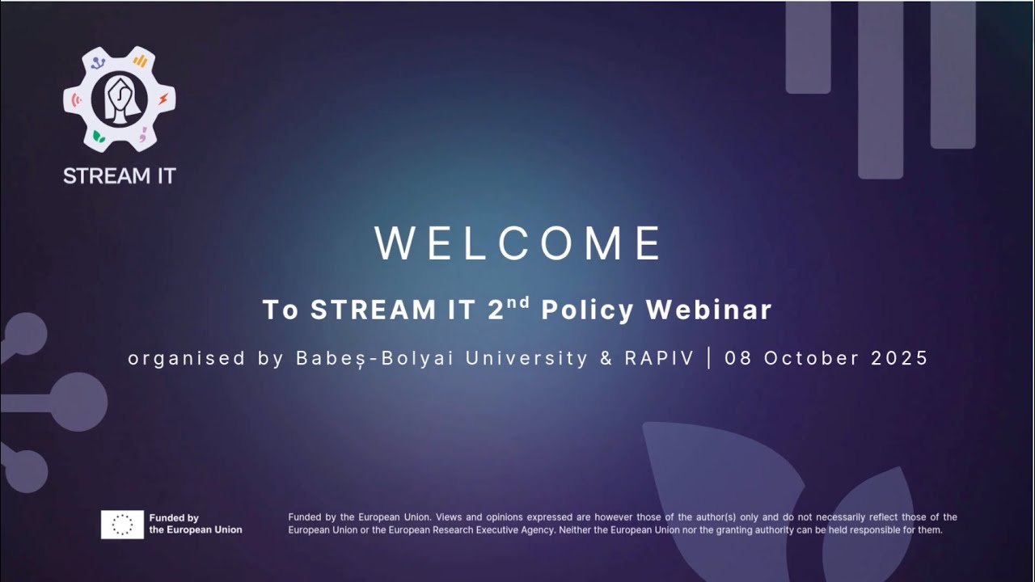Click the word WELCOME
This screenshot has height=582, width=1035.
click(x=518, y=243)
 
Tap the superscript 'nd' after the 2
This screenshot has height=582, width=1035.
click(x=519, y=303)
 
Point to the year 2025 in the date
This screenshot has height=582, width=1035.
click(x=900, y=358)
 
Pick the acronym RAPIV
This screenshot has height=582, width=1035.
click(x=659, y=358)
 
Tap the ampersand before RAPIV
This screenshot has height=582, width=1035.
click(x=606, y=358)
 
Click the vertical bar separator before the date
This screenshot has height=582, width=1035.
click(x=709, y=358)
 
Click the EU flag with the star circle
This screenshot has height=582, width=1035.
click(x=122, y=525)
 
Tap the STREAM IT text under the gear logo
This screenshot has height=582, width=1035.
click(x=120, y=175)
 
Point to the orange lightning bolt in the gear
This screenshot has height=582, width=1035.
click(x=163, y=99)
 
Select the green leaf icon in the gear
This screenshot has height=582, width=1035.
click(x=99, y=136)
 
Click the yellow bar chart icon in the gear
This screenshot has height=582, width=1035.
click(x=140, y=61)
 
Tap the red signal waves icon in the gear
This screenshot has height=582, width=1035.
click(x=78, y=100)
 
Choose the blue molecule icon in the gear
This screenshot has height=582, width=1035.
click(x=98, y=62)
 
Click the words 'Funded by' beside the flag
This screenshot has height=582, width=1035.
click(x=174, y=518)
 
